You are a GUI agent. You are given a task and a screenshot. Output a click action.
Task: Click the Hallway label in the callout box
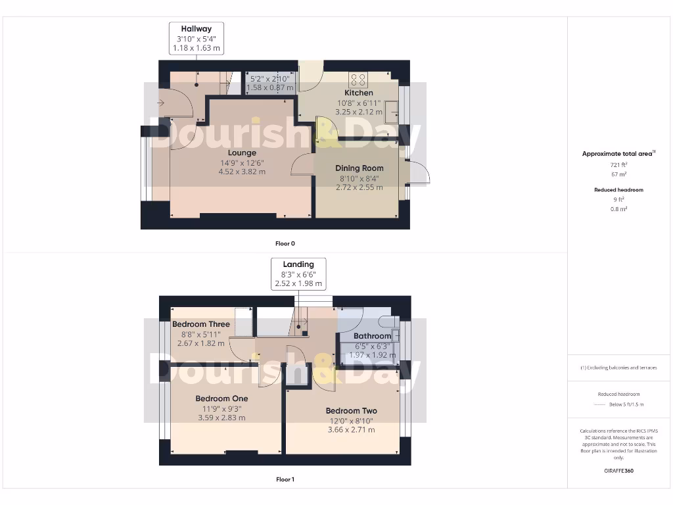point(197,29)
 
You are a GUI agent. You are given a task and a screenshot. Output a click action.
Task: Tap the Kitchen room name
point(359,93)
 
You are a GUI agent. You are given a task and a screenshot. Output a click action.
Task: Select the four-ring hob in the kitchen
point(359,80)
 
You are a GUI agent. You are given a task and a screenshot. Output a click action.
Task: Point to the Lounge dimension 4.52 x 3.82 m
point(242,172)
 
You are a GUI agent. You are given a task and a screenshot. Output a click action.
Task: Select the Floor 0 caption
point(285,243)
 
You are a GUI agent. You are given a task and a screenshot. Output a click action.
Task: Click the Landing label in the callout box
point(298,264)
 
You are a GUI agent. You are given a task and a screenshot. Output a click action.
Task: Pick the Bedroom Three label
point(201,324)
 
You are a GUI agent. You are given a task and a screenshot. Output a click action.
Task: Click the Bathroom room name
point(372,336)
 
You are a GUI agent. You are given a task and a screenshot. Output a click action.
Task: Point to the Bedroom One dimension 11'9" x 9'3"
point(221,408)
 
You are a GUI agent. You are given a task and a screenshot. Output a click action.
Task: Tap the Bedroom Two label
point(351,411)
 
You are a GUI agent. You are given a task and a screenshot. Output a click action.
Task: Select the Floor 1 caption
point(285,479)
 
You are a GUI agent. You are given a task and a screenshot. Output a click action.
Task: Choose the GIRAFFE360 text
point(619,471)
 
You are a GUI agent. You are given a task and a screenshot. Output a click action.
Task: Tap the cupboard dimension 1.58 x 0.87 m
point(269,87)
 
